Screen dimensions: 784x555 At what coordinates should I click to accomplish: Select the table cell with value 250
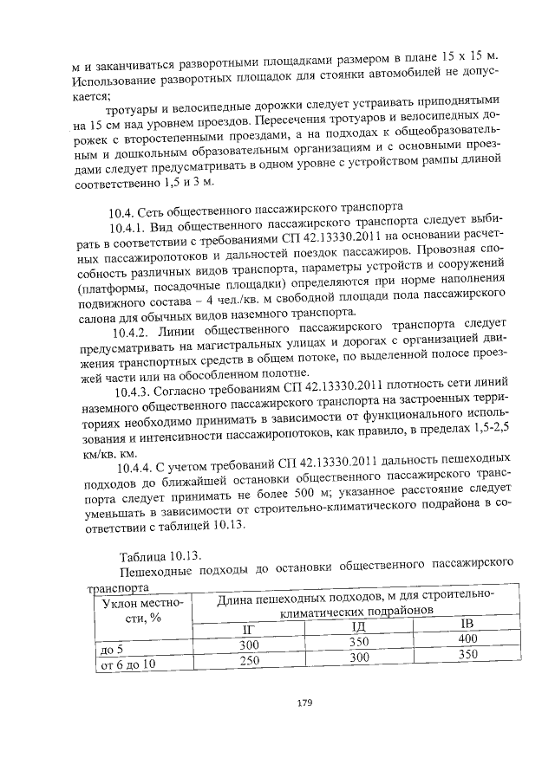pyautogui.click(x=250, y=660)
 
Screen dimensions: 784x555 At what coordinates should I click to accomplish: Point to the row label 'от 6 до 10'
pyautogui.click(x=127, y=664)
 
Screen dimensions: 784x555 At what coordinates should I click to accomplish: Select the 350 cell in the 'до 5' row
pyautogui.click(x=358, y=642)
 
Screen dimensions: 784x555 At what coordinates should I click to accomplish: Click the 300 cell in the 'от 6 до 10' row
pyautogui.click(x=358, y=658)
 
